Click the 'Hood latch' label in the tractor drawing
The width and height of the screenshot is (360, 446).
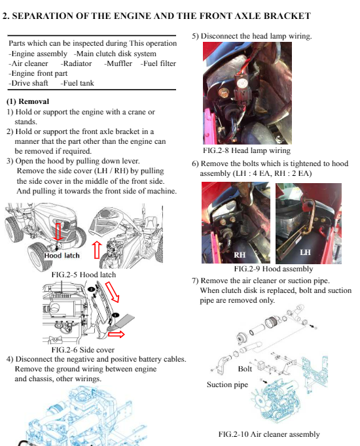(x=62, y=256)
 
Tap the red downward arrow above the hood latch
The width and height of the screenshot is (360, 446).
(x=58, y=232)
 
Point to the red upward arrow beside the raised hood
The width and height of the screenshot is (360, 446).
(x=97, y=250)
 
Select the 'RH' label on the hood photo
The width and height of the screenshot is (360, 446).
(x=240, y=254)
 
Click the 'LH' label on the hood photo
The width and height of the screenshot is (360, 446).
(x=305, y=252)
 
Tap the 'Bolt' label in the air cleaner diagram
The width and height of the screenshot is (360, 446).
(x=245, y=369)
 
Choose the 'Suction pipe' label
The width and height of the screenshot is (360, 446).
(x=227, y=385)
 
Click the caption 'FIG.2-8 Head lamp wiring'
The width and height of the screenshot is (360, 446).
(x=247, y=150)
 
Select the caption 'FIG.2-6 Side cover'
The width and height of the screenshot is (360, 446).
(x=83, y=350)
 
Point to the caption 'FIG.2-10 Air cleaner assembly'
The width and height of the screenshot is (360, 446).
(x=269, y=434)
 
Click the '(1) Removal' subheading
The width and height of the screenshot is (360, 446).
(x=27, y=101)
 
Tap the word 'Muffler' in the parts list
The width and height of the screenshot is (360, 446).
(x=118, y=63)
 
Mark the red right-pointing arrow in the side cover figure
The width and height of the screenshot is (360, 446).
(x=117, y=334)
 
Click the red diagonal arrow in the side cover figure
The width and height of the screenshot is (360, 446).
(x=112, y=292)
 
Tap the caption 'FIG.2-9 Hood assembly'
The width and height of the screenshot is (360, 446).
(x=273, y=269)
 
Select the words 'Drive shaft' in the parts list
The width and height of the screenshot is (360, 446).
(x=28, y=83)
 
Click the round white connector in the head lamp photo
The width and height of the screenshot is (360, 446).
(x=242, y=83)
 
